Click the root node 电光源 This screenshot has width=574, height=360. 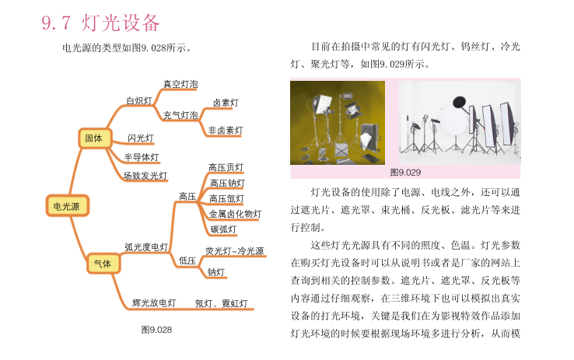(68, 206)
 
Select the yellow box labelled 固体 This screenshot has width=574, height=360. (95, 138)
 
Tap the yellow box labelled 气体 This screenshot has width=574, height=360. (103, 264)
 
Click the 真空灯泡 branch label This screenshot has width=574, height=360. (180, 84)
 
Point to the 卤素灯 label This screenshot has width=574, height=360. (226, 103)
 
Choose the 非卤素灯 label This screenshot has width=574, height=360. (226, 131)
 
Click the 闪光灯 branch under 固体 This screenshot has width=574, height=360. (141, 138)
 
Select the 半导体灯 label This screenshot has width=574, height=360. (142, 157)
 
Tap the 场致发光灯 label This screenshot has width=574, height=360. (145, 176)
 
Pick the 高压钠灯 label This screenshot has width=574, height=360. (227, 183)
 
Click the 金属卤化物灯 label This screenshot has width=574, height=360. (236, 214)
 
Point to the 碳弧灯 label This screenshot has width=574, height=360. (224, 229)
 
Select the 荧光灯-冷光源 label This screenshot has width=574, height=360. (235, 251)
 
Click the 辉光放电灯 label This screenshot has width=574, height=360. (154, 303)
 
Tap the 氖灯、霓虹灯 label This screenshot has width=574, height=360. (221, 303)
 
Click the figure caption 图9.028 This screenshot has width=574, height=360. (156, 330)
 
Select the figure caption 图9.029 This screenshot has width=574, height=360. (405, 173)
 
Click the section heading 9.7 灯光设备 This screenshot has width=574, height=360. (100, 23)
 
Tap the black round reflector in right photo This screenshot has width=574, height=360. (459, 102)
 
